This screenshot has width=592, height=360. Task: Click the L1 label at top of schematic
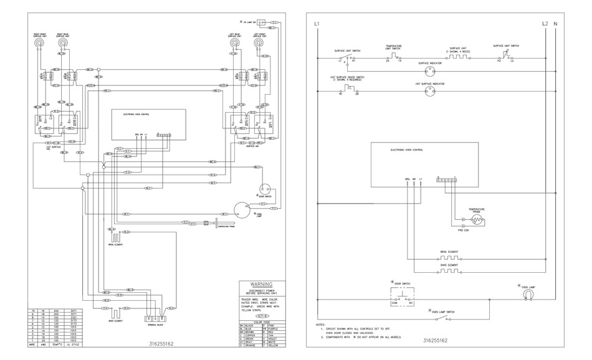point(317,24)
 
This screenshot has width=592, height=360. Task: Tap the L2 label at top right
point(545,24)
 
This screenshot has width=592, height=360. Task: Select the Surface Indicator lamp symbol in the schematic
point(427,70)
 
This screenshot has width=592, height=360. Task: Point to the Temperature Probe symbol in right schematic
point(477,220)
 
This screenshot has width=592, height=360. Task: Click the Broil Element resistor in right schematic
point(449,258)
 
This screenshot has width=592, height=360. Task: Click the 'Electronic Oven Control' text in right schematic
point(406,150)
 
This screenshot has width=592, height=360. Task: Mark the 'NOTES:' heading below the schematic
point(320,324)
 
